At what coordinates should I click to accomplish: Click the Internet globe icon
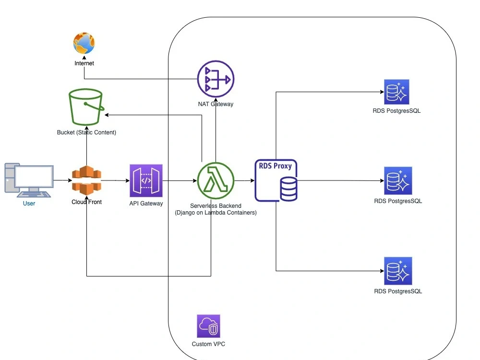pos(84,44)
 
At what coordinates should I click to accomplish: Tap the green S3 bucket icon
pos(86,108)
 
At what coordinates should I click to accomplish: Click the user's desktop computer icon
pos(29,180)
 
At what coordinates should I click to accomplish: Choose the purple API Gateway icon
pos(146,180)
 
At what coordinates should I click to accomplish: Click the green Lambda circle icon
pos(216,181)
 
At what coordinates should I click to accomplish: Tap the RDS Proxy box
pos(276,180)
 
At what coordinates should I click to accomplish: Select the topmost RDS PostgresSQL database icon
pos(397,92)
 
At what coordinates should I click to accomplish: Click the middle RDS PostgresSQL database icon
pos(398,180)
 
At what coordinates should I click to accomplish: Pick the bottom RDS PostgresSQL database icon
pos(398,271)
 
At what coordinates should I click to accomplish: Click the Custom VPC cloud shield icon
pos(208,326)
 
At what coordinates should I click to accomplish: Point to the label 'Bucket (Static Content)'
pos(86,132)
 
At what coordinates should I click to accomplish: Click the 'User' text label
pos(29,204)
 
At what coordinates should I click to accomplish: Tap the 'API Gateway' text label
pos(146,204)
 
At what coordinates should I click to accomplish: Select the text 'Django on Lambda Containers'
pos(216,213)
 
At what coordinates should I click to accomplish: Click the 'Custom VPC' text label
pos(208,344)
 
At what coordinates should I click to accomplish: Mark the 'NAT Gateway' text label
pos(216,104)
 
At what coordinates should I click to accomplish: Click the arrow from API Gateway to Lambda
pos(180,181)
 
